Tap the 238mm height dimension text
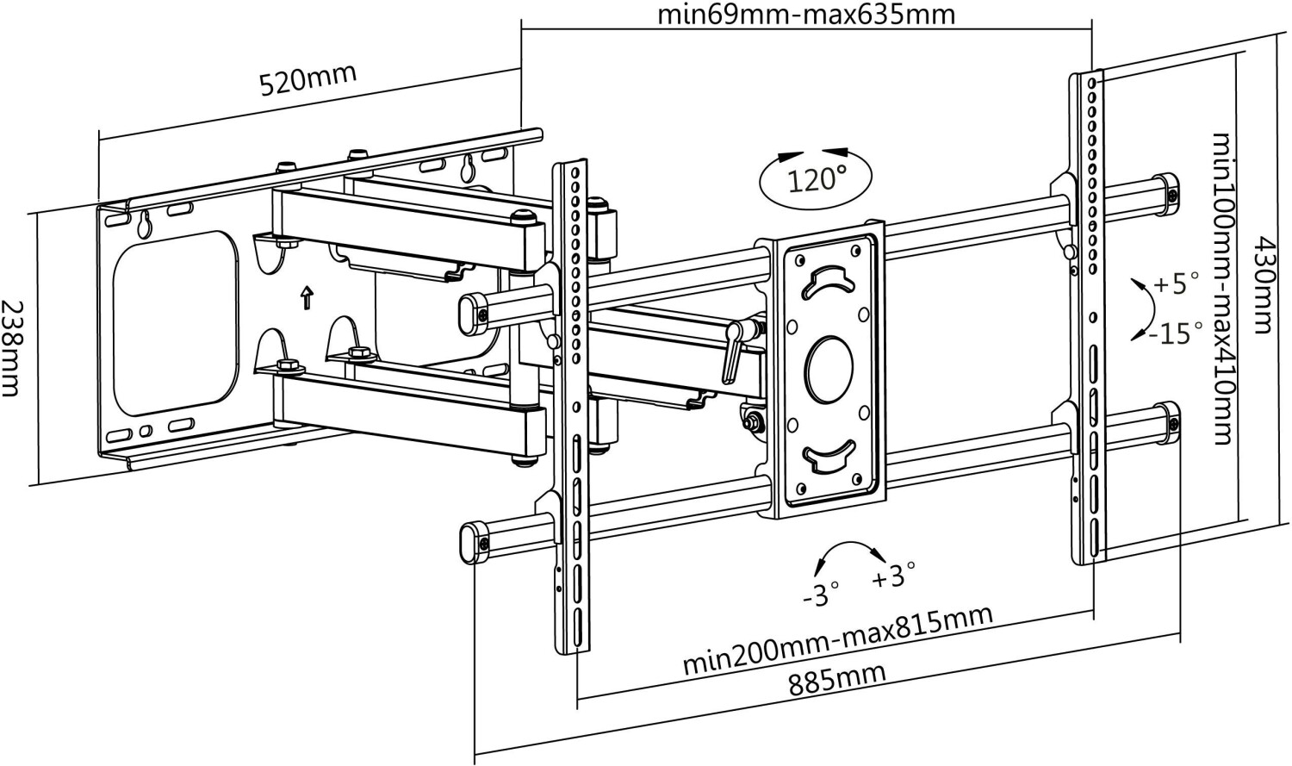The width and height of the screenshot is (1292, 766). [x=11, y=348]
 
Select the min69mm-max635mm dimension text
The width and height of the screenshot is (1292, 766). [x=806, y=15]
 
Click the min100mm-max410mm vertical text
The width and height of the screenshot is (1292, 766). [x=1223, y=289]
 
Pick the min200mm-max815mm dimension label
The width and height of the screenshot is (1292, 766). [x=838, y=639]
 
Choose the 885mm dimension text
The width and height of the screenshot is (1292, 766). [x=837, y=680]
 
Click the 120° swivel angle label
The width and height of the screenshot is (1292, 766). [x=817, y=180]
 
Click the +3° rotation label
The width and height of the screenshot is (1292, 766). [x=893, y=575]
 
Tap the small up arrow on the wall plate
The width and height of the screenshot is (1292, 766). [x=307, y=297]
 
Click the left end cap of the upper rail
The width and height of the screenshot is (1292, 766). [x=474, y=313]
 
